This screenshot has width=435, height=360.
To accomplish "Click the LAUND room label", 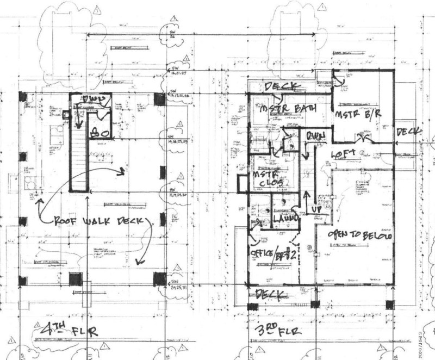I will pos(286,218).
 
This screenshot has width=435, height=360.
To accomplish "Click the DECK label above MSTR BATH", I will pos(283,86).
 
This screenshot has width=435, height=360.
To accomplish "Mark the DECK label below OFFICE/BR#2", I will pos(271,295).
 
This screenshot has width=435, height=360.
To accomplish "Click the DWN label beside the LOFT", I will pos(315,135).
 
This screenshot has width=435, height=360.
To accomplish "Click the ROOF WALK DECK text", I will pos(101,222).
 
